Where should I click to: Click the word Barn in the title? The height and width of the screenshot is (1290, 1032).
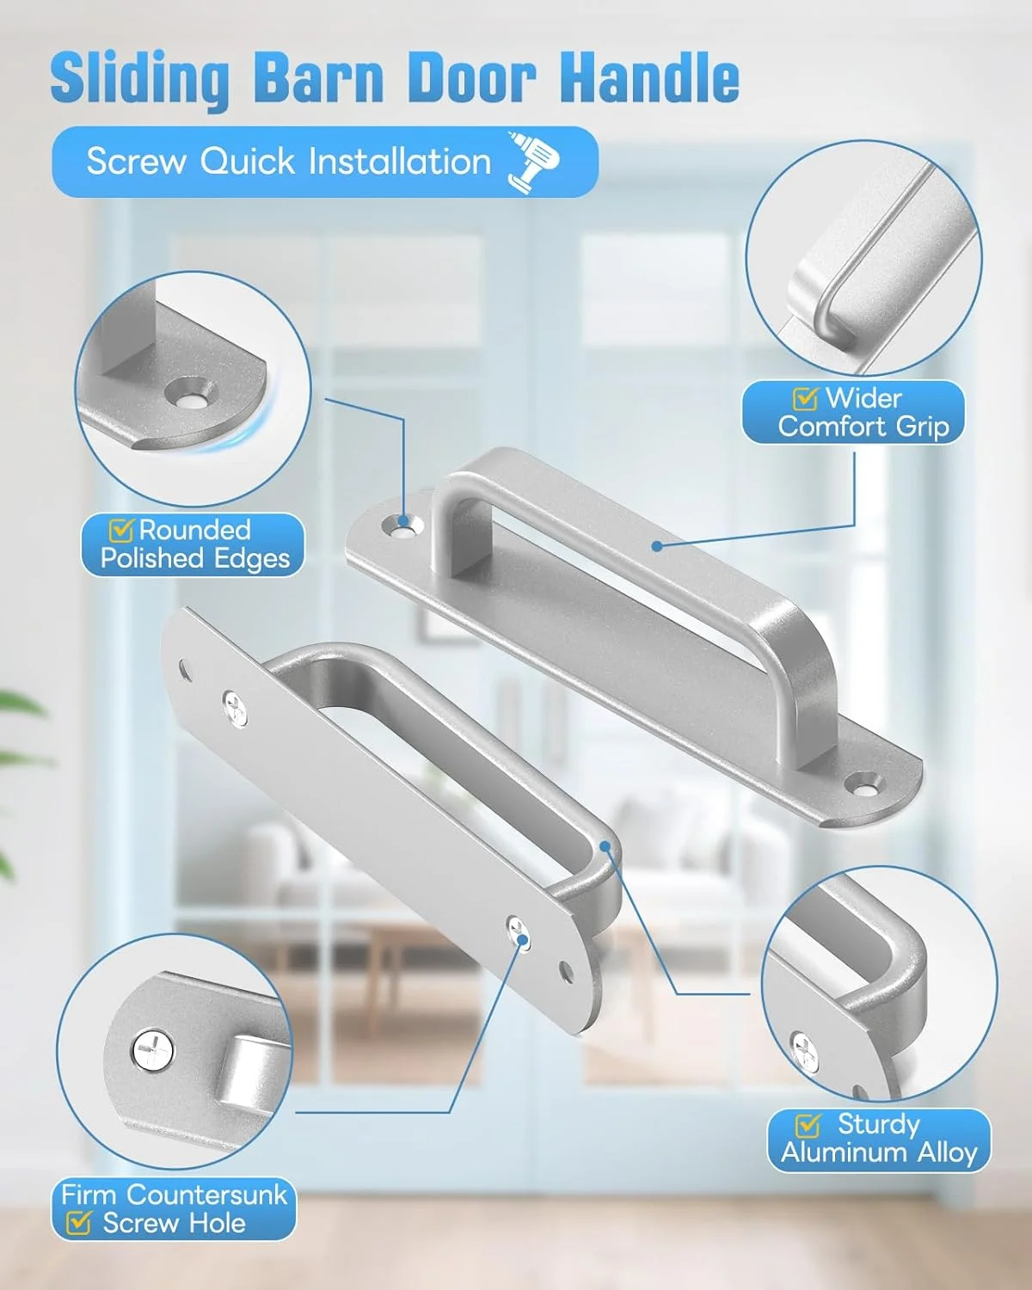tap(320, 79)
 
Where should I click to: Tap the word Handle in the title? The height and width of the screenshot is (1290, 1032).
tap(653, 78)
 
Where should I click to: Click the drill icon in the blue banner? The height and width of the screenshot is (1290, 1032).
tap(533, 162)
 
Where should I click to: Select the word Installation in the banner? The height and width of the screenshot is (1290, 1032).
tap(400, 161)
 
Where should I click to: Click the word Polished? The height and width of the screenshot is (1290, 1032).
tap(151, 559)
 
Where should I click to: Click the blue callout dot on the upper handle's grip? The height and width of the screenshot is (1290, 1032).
tap(658, 546)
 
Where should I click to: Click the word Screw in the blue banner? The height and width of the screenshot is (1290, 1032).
tap(136, 162)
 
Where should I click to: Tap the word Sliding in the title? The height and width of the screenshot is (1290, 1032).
tap(140, 80)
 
